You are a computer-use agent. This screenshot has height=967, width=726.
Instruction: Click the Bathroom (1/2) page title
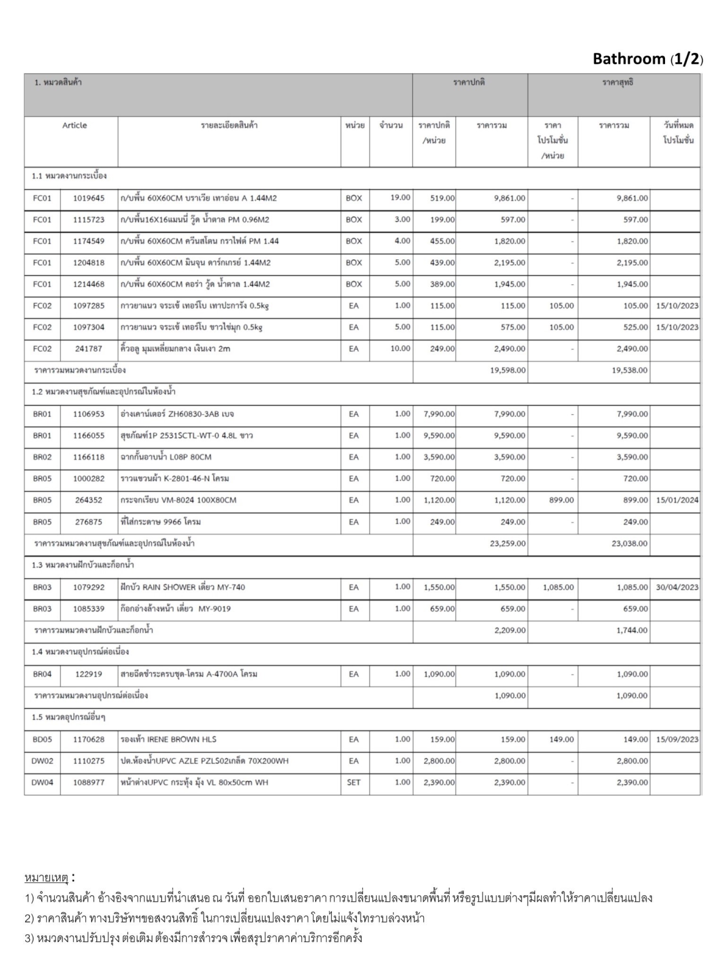pyautogui.click(x=648, y=59)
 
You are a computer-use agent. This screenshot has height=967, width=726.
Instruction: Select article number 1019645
pyautogui.click(x=88, y=198)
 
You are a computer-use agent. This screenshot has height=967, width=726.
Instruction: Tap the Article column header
pyautogui.click(x=74, y=126)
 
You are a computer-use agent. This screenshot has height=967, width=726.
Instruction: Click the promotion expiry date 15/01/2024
pyautogui.click(x=677, y=500)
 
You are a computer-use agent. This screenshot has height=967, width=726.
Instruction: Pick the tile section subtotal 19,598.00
pyautogui.click(x=508, y=370)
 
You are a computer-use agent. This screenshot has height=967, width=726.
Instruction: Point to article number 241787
pyautogui.click(x=88, y=349)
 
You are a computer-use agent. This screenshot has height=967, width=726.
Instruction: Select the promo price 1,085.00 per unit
pyautogui.click(x=558, y=587)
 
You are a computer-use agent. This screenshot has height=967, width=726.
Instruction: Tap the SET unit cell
pyautogui.click(x=354, y=782)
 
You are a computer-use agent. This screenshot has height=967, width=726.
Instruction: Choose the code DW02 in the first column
pyautogui.click(x=42, y=761)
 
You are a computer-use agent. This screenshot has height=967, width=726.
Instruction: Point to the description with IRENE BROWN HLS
pyautogui.click(x=168, y=739)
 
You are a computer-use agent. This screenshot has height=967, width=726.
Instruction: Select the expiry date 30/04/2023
pyautogui.click(x=677, y=587)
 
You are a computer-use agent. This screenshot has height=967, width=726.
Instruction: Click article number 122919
pyautogui.click(x=88, y=674)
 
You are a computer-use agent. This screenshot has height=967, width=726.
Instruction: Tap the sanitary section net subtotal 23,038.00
pyautogui.click(x=629, y=543)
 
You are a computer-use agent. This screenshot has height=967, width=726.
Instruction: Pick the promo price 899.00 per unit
pyautogui.click(x=561, y=500)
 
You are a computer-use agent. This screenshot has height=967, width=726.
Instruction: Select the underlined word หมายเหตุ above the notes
pyautogui.click(x=47, y=878)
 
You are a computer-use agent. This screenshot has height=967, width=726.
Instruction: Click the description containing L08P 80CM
pyautogui.click(x=166, y=457)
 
